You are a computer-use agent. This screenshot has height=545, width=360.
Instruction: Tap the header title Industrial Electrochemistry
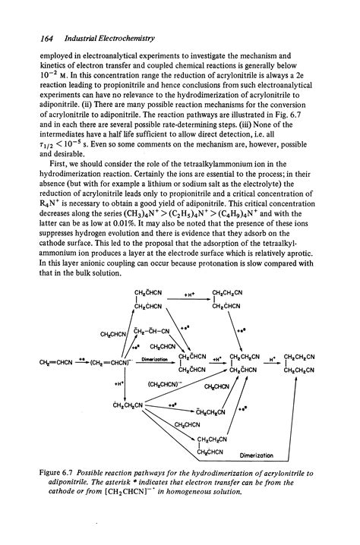[92, 37]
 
